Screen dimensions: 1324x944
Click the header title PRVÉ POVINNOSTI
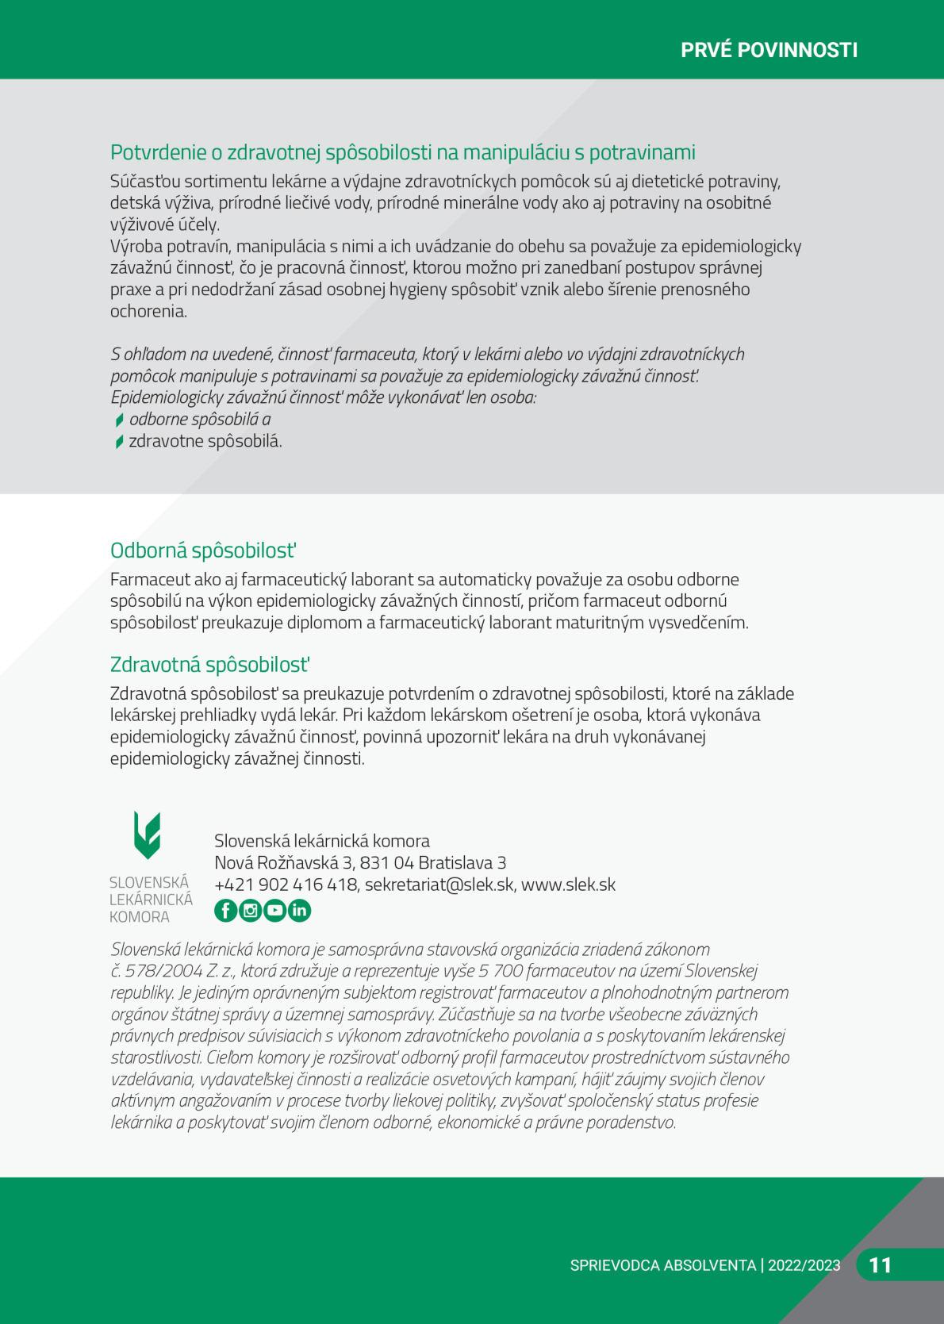point(769,50)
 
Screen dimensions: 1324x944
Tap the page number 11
point(881,1265)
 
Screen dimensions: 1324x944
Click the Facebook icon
point(226,911)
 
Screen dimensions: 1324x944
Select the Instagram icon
point(251,911)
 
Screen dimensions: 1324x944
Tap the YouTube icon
point(274,911)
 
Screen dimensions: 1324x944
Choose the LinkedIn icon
point(299,911)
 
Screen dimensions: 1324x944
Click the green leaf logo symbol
point(148,835)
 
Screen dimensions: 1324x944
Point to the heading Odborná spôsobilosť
point(203,551)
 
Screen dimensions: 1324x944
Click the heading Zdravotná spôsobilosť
point(209,664)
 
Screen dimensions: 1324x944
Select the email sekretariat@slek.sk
point(439,885)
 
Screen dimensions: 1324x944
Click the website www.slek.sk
point(568,885)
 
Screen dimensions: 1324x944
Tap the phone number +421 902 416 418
point(286,885)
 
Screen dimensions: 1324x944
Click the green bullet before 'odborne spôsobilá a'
point(119,420)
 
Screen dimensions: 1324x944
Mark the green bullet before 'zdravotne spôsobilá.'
point(119,442)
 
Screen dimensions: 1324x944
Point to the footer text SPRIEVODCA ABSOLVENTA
point(662,1265)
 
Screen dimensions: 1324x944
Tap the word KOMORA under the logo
point(140,917)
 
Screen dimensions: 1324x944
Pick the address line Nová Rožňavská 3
point(282,862)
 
